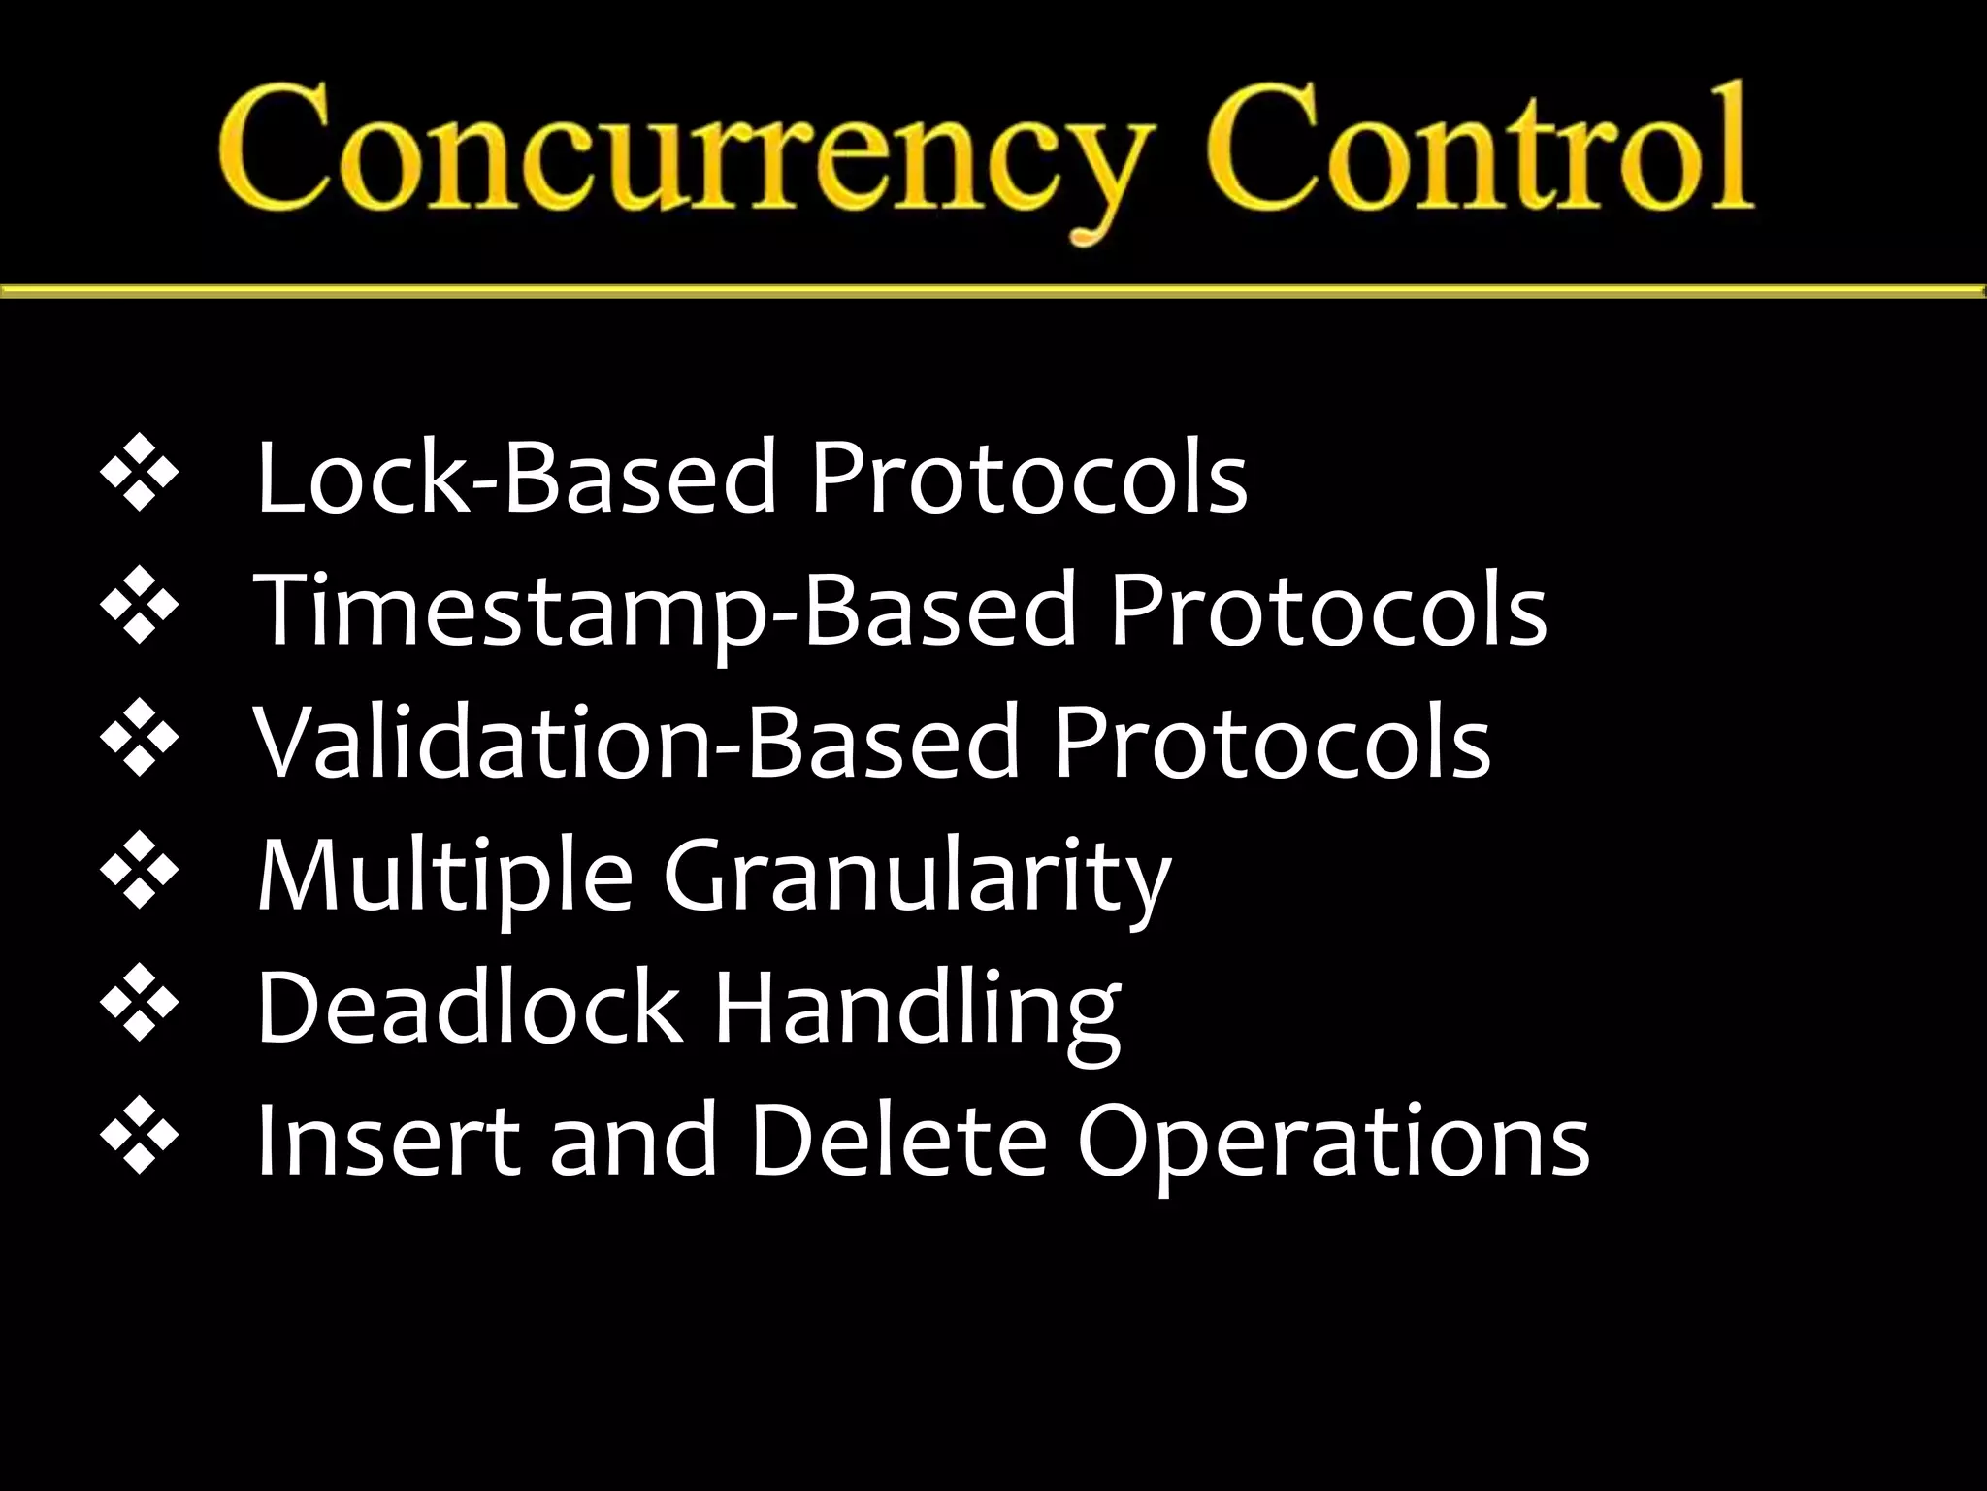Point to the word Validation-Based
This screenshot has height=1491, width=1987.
[x=636, y=744]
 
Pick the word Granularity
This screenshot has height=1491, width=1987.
[x=917, y=877]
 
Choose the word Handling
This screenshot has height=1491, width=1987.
[x=917, y=1010]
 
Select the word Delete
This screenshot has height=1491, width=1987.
[x=897, y=1142]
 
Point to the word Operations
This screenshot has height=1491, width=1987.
[x=1333, y=1142]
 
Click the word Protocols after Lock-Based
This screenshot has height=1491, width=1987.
[x=1028, y=478]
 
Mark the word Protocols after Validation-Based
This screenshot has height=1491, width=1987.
[x=1272, y=744]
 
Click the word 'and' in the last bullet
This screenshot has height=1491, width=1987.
[x=634, y=1142]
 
